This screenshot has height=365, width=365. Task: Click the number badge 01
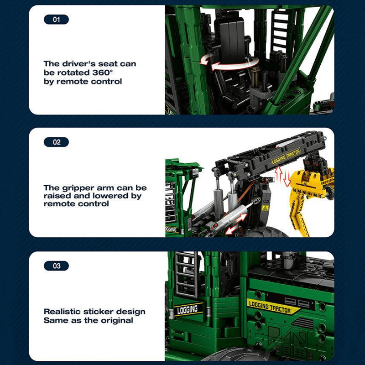coord(56,20)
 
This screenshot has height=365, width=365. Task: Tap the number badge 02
coord(56,142)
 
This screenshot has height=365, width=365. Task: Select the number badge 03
coord(56,266)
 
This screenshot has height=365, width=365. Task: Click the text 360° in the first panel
coord(102,73)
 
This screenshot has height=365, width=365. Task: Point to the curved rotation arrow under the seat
coord(229,63)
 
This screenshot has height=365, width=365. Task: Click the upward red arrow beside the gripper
coord(279,174)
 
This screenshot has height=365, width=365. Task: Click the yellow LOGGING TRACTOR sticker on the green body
coord(272,307)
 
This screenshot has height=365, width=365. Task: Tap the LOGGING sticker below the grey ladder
coord(188,310)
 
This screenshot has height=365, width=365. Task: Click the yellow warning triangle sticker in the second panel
coord(265,208)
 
